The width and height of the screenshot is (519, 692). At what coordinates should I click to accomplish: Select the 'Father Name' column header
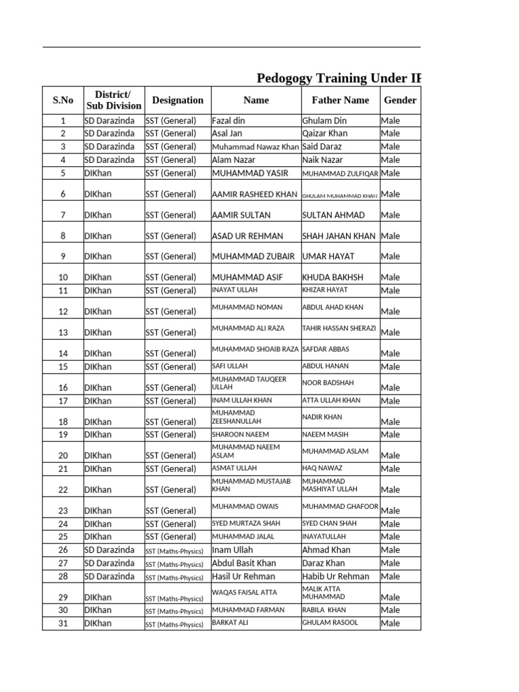(x=340, y=100)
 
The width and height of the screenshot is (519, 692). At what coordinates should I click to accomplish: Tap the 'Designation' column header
(x=178, y=100)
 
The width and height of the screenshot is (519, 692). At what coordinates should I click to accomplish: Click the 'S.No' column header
(x=62, y=100)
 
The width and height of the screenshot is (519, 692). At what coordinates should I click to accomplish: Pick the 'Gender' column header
(x=400, y=100)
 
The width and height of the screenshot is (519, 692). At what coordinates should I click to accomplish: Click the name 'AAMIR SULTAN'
(x=241, y=215)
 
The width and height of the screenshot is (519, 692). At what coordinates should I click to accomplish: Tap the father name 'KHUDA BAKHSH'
(x=332, y=277)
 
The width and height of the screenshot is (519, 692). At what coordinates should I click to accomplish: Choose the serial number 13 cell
(x=63, y=332)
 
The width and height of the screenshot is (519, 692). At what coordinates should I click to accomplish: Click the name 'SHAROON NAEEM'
(x=241, y=435)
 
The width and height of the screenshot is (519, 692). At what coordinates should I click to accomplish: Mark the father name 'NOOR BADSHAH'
(x=328, y=382)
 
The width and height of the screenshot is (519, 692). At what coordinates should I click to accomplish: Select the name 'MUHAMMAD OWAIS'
(x=245, y=506)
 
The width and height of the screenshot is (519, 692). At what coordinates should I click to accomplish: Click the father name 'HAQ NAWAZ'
(x=322, y=468)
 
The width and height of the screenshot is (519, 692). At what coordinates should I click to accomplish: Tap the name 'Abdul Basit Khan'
(x=244, y=563)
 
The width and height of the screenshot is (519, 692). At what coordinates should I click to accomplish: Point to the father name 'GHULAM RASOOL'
(x=330, y=622)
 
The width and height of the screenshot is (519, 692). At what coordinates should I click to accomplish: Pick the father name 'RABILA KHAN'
(x=328, y=610)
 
